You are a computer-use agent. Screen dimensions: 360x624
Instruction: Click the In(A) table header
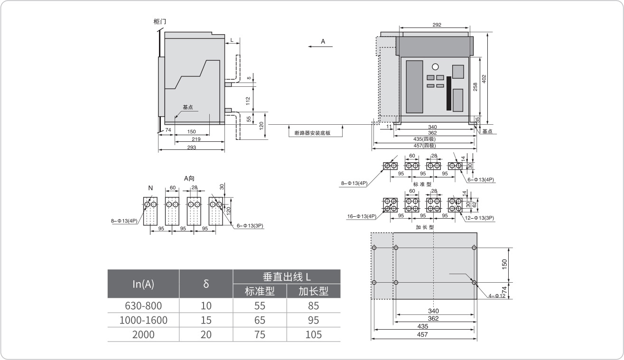click(x=143, y=284)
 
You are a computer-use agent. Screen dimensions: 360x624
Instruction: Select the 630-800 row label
click(x=143, y=305)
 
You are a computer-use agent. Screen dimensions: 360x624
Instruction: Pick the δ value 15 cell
click(x=206, y=320)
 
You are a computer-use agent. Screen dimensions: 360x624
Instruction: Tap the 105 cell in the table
click(x=314, y=334)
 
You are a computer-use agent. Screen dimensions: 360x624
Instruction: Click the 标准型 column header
click(x=260, y=291)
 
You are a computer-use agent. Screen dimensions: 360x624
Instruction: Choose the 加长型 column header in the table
click(x=314, y=291)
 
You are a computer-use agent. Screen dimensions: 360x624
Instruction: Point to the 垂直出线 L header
click(x=287, y=277)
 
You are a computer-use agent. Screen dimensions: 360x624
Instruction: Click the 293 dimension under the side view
click(x=191, y=148)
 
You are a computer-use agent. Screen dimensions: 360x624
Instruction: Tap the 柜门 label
click(x=160, y=22)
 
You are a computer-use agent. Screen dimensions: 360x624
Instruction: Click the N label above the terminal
click(x=150, y=188)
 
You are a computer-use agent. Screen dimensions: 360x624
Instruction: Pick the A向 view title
click(x=189, y=178)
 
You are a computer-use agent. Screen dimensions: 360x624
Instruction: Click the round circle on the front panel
click(x=435, y=67)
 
